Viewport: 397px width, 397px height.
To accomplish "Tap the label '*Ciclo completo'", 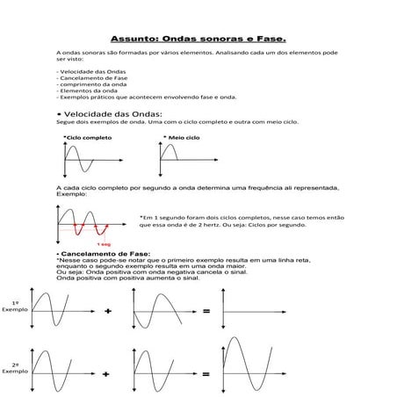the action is [x=87, y=139].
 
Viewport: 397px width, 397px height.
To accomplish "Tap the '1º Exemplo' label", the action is [x=15, y=307].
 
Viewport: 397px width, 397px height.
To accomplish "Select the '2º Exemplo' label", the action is [x=15, y=368].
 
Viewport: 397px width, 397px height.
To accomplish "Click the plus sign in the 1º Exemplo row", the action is [x=108, y=312].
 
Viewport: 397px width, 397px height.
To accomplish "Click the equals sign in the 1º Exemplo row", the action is [x=206, y=312].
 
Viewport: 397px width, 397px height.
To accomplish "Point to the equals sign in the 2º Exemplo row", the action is [x=206, y=374].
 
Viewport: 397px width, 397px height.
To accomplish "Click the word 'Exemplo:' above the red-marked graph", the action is [x=71, y=194].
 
